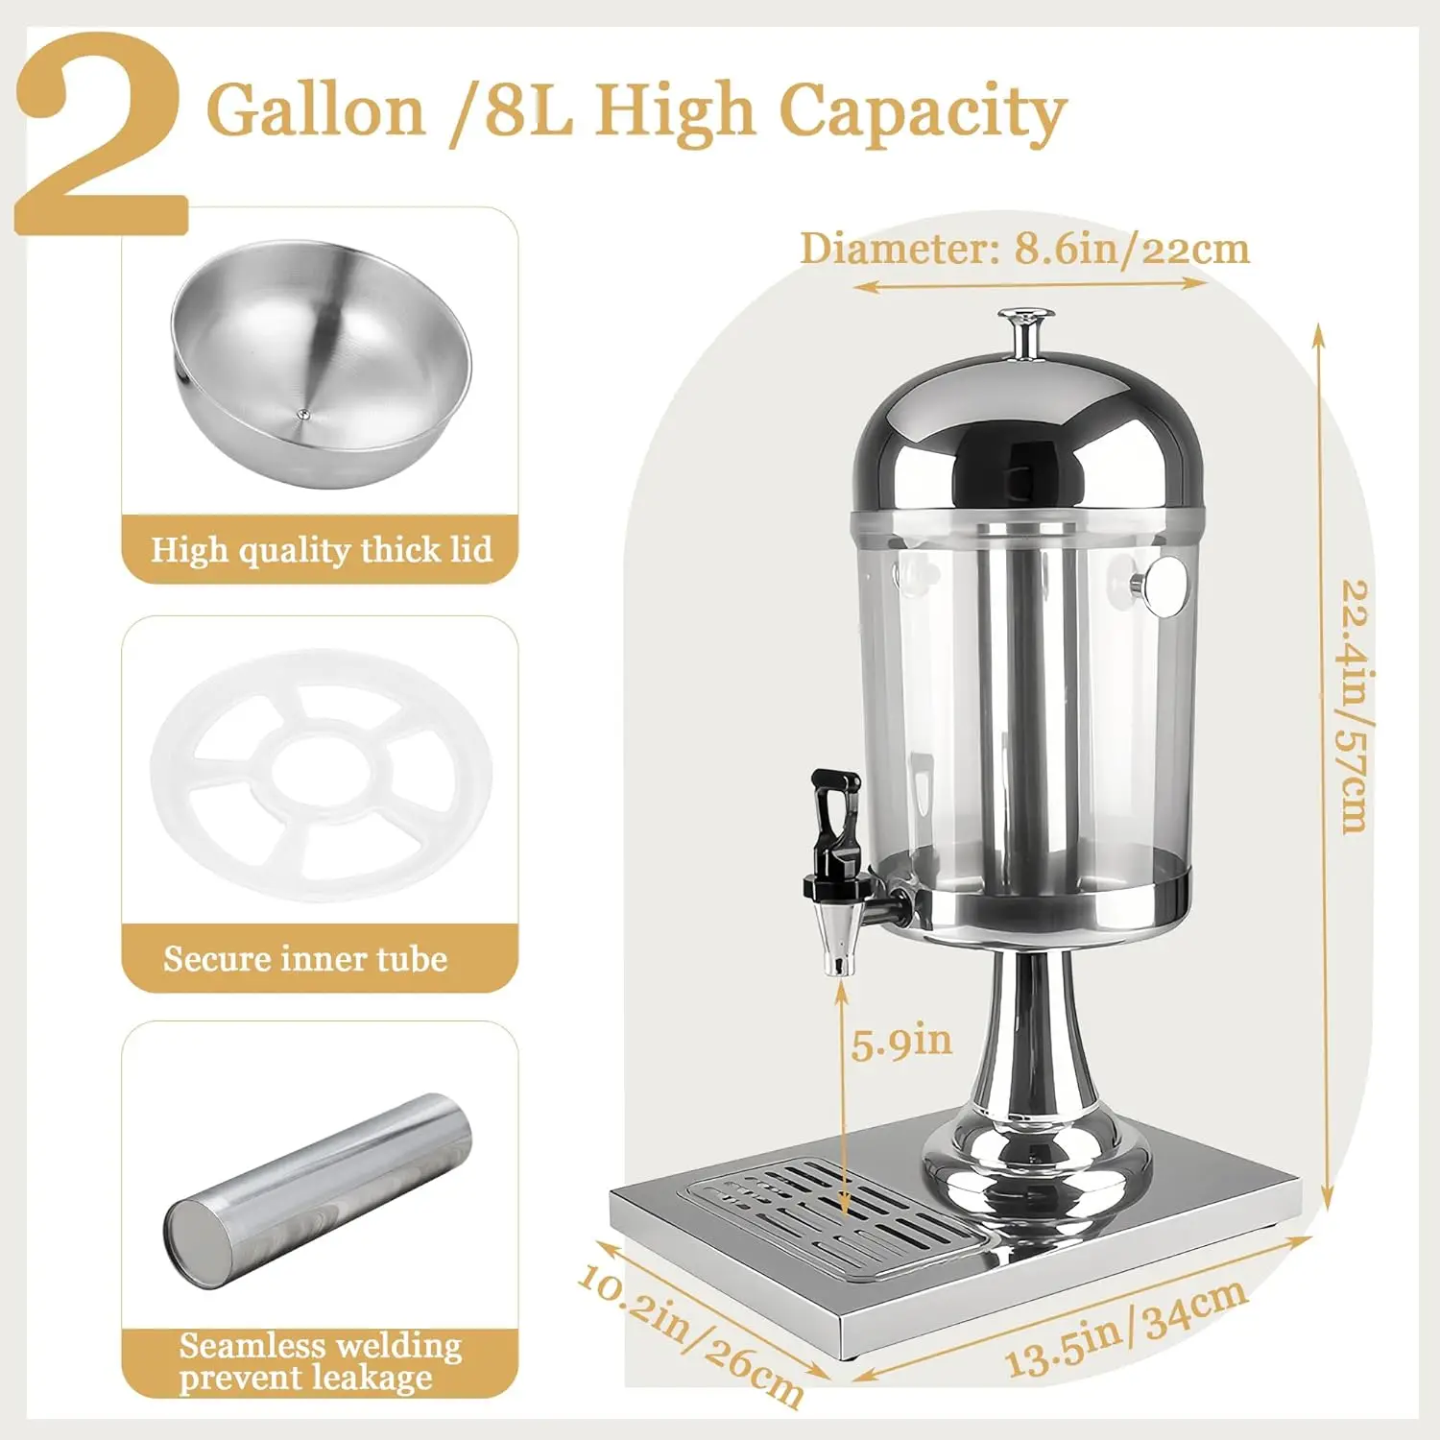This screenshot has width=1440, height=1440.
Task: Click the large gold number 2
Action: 101,134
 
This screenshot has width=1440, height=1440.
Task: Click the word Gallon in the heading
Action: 316,110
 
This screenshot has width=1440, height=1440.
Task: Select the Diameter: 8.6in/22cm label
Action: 1024,249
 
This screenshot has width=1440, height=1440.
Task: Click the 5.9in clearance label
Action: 901,1042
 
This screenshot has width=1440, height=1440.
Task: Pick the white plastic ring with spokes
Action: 322,773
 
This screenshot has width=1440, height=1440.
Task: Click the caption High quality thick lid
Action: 322,550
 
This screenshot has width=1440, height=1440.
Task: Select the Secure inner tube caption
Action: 305,958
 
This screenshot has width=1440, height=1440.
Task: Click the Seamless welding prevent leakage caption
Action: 320,1361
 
